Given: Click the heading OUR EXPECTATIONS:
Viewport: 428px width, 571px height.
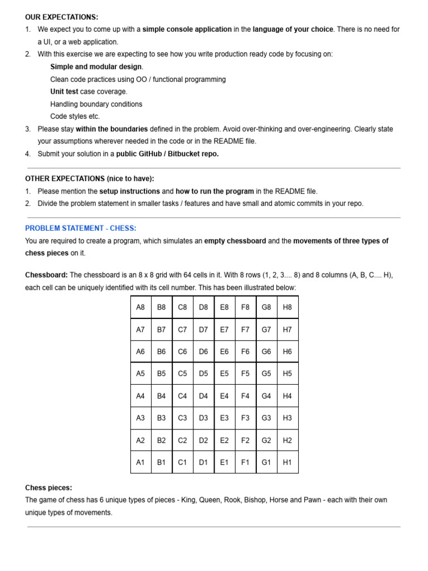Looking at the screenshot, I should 61,17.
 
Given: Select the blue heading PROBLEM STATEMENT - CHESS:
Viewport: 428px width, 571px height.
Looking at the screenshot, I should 80,228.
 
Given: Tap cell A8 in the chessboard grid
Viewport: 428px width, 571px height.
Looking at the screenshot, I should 140,307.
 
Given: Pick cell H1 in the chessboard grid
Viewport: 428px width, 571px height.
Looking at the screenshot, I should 287,462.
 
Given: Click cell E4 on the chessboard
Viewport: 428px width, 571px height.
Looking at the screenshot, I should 224,396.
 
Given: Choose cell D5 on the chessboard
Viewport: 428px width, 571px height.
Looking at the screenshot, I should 203,374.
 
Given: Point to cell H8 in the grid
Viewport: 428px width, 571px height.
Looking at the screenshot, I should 287,307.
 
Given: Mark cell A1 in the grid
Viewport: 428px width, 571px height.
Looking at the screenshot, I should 140,462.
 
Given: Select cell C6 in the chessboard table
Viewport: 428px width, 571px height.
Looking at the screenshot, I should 182,352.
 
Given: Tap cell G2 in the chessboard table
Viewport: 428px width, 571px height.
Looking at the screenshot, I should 266,440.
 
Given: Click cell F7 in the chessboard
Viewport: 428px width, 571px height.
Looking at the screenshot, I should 245,330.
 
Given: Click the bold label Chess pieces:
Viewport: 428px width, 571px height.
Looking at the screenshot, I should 48,488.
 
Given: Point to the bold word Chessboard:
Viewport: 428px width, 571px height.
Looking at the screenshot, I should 46,275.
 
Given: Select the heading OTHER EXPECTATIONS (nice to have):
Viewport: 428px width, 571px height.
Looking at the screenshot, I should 89,178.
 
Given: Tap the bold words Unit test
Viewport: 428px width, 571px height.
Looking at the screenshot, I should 64,91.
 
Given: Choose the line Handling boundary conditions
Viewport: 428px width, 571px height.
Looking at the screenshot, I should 96,104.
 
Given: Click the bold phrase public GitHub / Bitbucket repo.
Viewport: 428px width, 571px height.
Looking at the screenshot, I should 168,154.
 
